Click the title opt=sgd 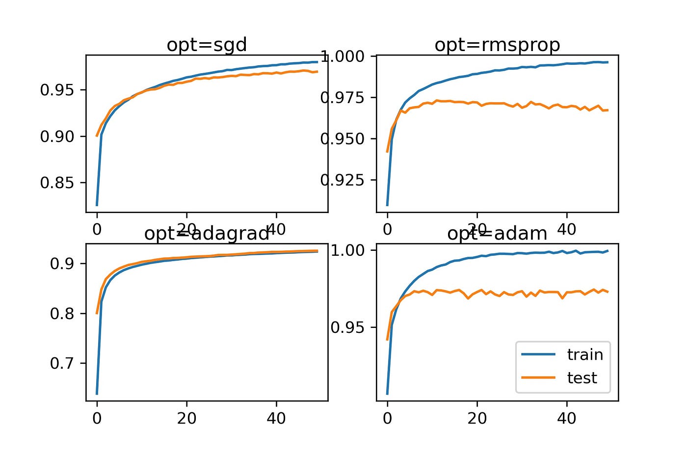pyautogui.click(x=207, y=45)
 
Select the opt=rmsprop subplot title pyautogui.click(x=497, y=45)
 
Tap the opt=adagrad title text pyautogui.click(x=207, y=234)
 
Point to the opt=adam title pyautogui.click(x=497, y=234)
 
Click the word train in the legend pyautogui.click(x=585, y=354)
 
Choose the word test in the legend pyautogui.click(x=582, y=377)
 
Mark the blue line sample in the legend pyautogui.click(x=538, y=354)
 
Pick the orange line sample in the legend pyautogui.click(x=538, y=377)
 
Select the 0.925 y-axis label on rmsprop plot pyautogui.click(x=343, y=180)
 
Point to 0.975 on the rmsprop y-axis pyautogui.click(x=343, y=98)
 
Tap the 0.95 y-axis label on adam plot pyautogui.click(x=348, y=327)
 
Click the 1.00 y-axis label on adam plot pyautogui.click(x=348, y=250)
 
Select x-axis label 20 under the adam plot pyautogui.click(x=477, y=418)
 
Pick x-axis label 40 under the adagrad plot pyautogui.click(x=276, y=418)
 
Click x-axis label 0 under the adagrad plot pyautogui.click(x=97, y=418)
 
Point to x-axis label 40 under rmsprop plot pyautogui.click(x=567, y=229)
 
